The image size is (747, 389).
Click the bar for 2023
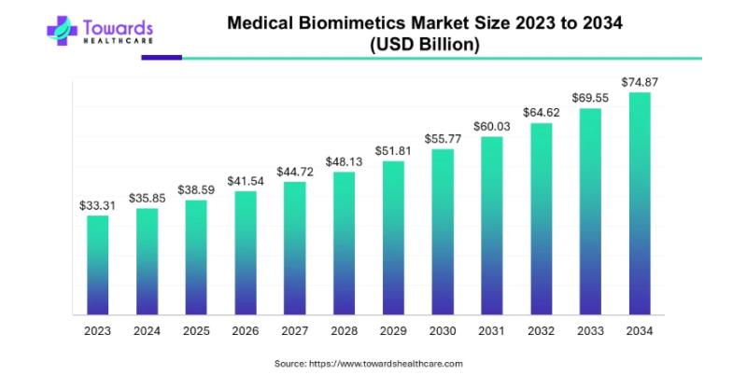pyautogui.click(x=98, y=266)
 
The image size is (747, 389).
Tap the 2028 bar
pyautogui.click(x=344, y=243)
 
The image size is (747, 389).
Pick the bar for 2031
pyautogui.click(x=491, y=226)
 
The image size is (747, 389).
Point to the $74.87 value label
pyautogui.click(x=639, y=82)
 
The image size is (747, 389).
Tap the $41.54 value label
pyautogui.click(x=246, y=180)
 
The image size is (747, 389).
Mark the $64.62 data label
pyautogui.click(x=541, y=113)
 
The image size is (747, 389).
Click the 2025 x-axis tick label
pyautogui.click(x=196, y=329)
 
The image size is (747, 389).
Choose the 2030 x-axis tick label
pyautogui.click(x=442, y=329)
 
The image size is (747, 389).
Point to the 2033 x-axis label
pyautogui.click(x=589, y=329)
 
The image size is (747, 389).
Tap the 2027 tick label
pyautogui.click(x=294, y=329)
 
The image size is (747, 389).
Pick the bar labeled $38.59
pyautogui.click(x=196, y=257)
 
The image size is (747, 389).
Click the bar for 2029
pyautogui.click(x=393, y=238)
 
